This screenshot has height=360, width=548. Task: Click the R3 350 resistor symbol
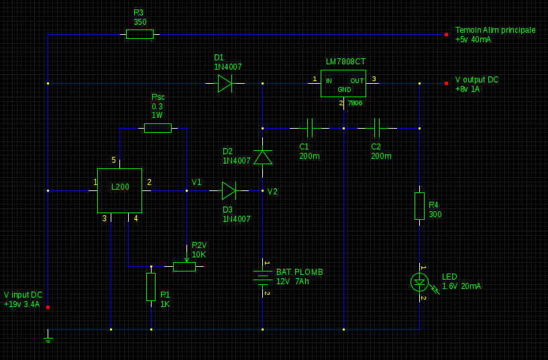point(140,34)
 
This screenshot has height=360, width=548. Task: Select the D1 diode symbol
point(225,83)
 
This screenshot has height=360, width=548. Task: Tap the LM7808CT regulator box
point(343,83)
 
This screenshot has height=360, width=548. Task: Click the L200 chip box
point(119,190)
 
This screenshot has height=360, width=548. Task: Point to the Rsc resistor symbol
point(158,127)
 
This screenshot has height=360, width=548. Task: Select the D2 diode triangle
point(262,157)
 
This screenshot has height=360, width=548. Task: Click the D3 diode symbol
point(229,191)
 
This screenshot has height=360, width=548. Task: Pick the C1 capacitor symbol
point(309,127)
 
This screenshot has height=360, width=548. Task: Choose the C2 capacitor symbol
point(377,127)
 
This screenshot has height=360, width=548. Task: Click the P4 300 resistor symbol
point(419,206)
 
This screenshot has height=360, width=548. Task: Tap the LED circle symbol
point(419,282)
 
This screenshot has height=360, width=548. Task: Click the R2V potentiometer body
point(184,267)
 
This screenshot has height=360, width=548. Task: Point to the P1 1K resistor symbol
point(151,286)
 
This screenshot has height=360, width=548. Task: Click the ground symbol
point(48,339)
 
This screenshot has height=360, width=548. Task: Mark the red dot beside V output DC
point(446,83)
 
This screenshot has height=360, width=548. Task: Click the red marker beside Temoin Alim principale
point(446,34)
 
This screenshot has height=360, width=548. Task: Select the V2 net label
point(272,192)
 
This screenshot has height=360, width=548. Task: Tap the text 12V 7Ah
point(292,282)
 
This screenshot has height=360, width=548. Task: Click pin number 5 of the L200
point(113,160)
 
